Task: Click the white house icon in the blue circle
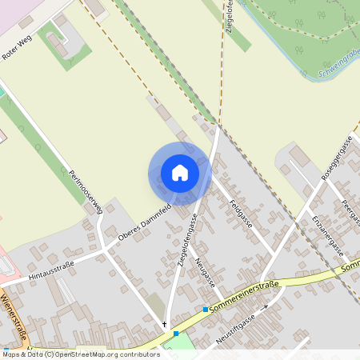coord(180,173)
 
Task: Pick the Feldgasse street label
coord(240,214)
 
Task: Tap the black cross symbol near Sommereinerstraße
coord(165,324)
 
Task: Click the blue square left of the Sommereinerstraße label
coord(206,309)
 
